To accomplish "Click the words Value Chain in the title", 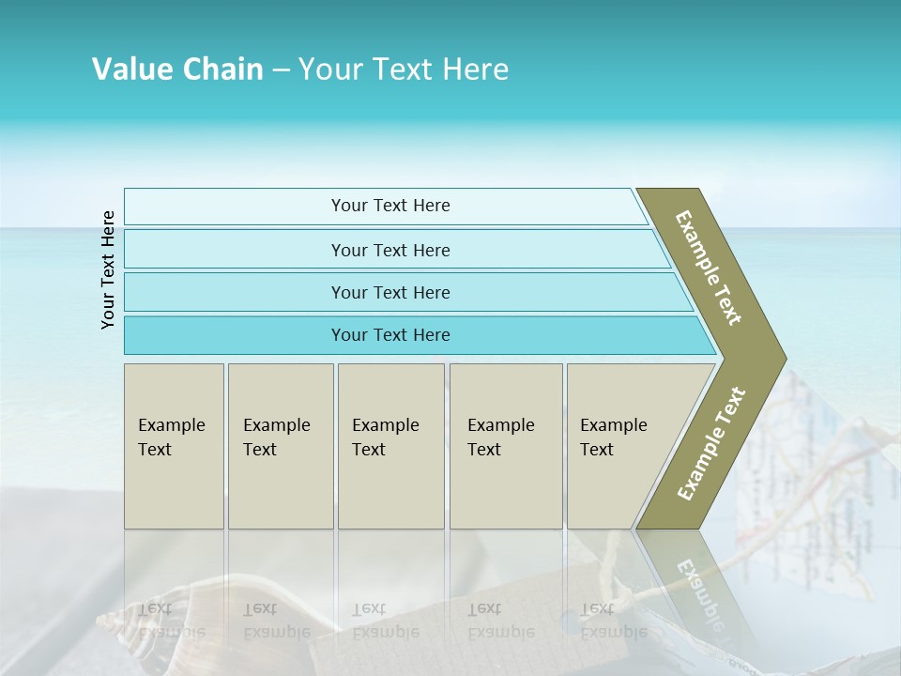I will pos(177,69).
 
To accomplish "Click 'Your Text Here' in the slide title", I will pos(404,69).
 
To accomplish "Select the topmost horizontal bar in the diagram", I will pos(385,207).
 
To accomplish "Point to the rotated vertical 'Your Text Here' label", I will pos(108,269).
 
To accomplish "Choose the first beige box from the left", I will pos(174,445).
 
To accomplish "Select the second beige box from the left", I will pos(280,445).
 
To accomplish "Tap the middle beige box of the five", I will pos(390,445).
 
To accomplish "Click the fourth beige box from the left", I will pos(505,445).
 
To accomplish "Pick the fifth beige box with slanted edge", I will pos(619,445).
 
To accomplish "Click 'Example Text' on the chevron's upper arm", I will pos(709,268).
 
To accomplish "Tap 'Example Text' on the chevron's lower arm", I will pos(710,444).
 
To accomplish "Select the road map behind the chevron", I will pos(826,469).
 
